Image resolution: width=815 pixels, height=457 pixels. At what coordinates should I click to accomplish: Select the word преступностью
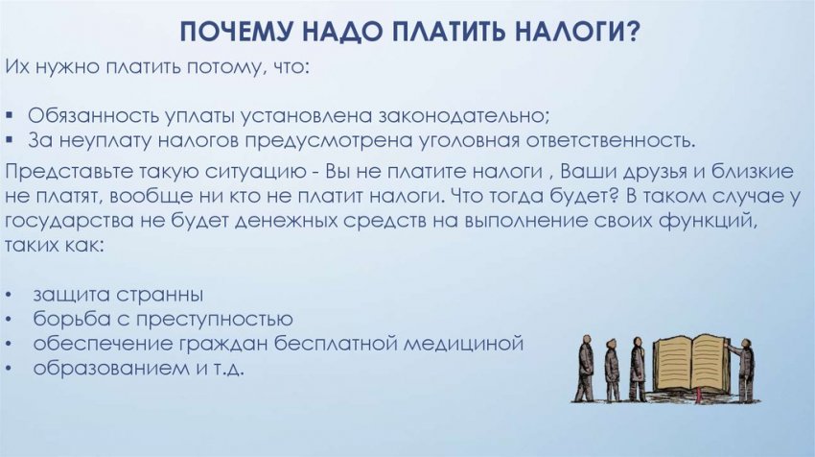point(210,318)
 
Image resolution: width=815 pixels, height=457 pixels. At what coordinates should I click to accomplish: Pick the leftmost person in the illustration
point(584,369)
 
